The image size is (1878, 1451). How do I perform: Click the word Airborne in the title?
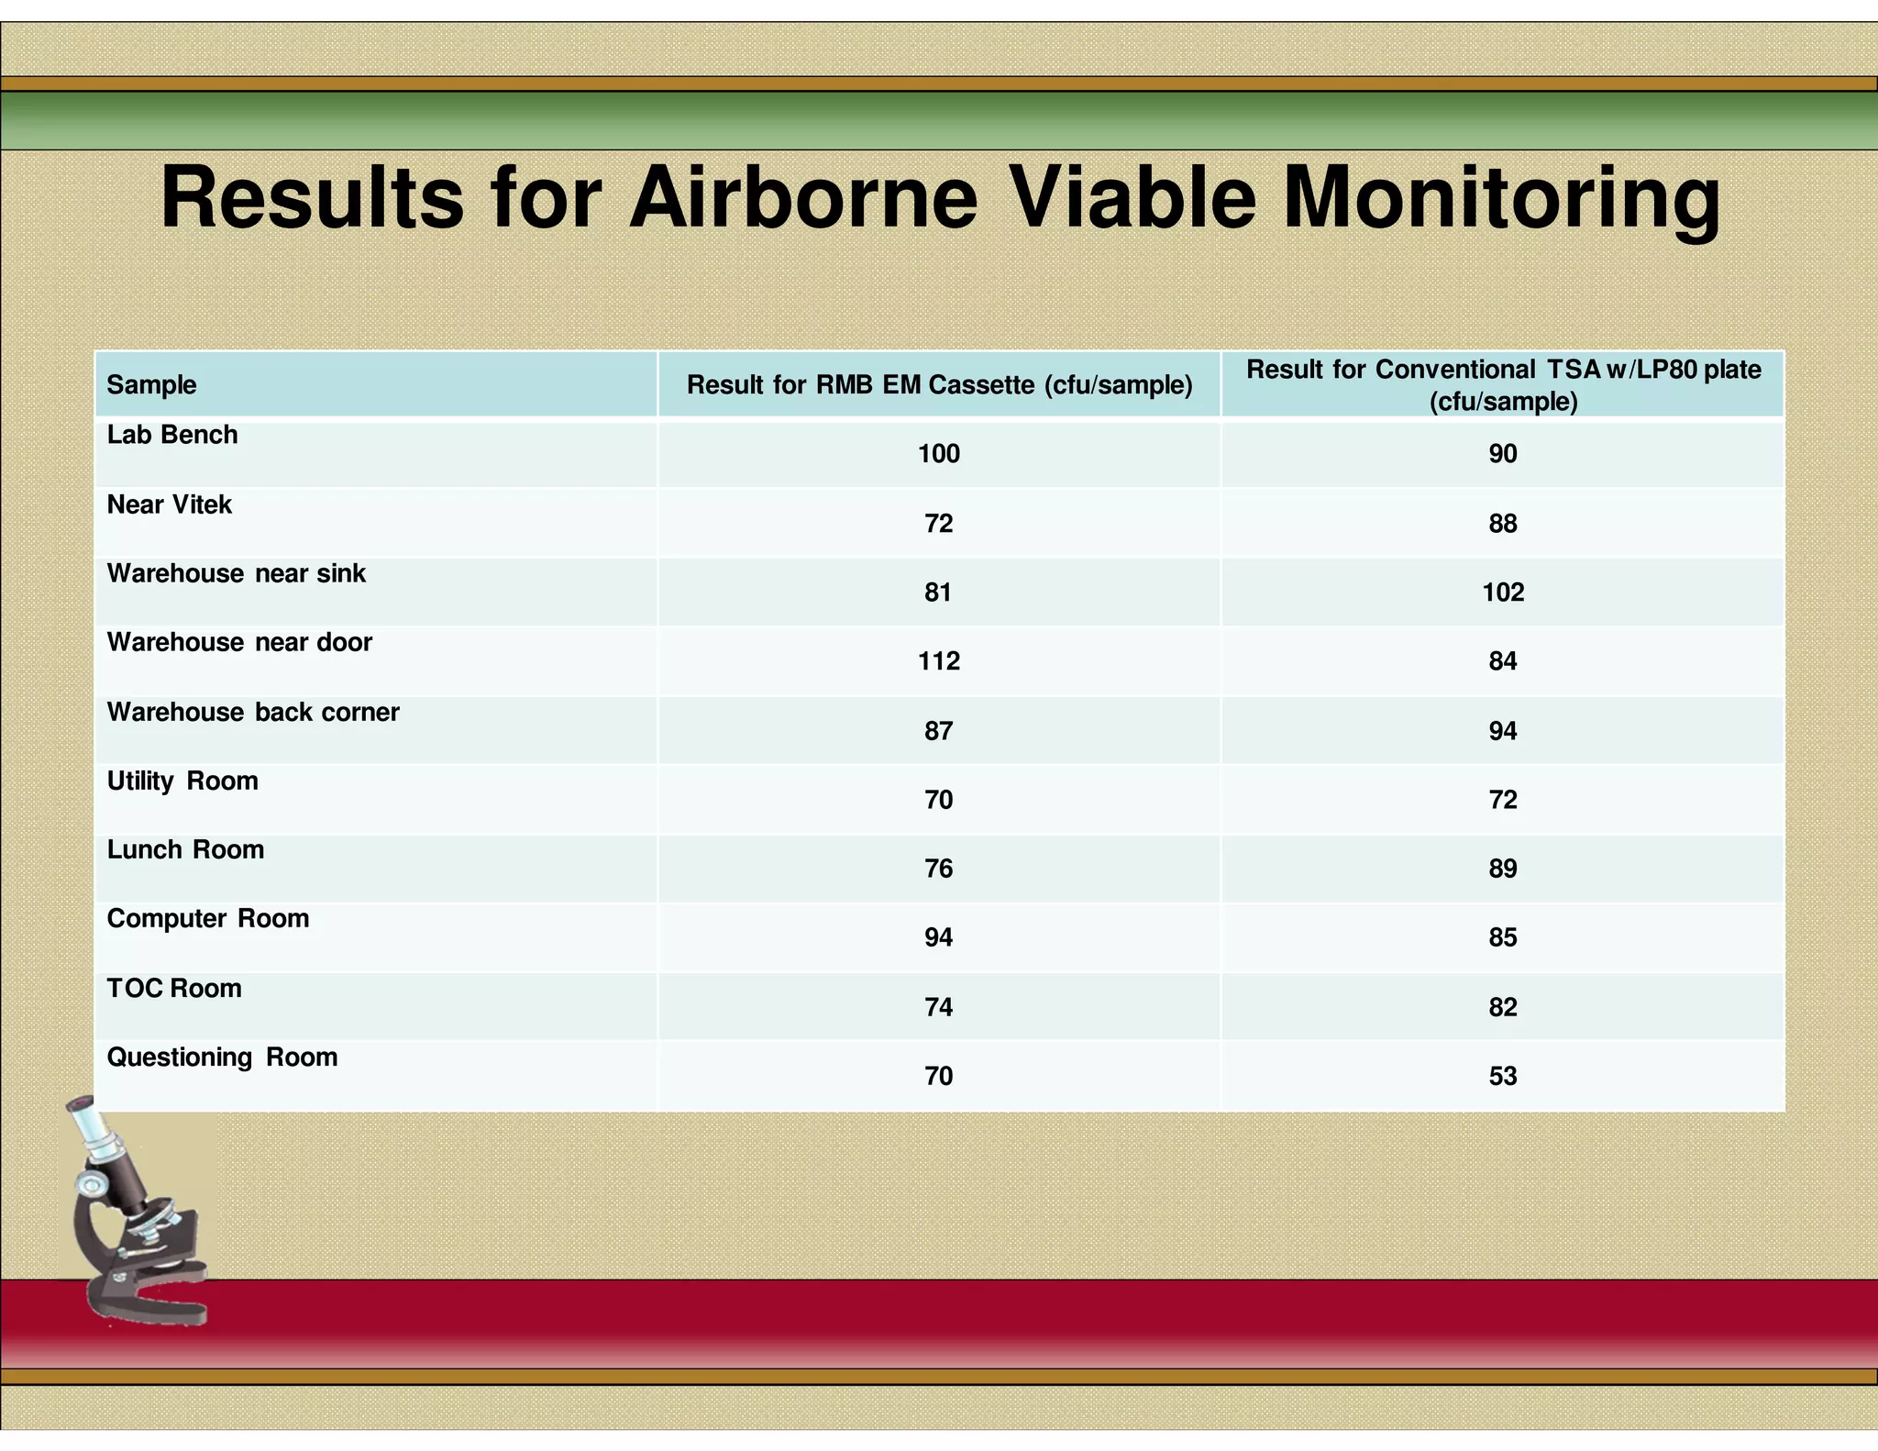pos(803,198)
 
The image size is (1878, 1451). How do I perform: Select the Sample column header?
pos(151,384)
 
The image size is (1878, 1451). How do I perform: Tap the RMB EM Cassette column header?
pos(939,384)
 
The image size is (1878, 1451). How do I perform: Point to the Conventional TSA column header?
pos(1503,384)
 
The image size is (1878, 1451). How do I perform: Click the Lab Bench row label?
pos(172,435)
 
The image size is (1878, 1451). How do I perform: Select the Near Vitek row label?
pos(170,504)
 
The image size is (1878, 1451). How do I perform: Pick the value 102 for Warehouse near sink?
pos(1503,593)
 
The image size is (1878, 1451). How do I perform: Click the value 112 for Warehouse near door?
pos(939,661)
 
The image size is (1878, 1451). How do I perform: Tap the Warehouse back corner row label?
pos(253,713)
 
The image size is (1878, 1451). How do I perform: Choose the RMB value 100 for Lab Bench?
pos(939,454)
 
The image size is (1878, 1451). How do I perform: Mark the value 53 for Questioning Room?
pos(1503,1076)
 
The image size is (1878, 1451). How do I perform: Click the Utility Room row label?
pos(182,781)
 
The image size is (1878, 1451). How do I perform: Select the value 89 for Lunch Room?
pos(1503,869)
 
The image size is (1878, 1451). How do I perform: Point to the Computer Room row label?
pos(208,919)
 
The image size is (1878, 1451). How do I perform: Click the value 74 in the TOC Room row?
pos(939,1007)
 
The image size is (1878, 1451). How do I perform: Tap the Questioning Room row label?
pos(222,1058)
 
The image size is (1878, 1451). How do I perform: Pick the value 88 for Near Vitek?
pos(1503,524)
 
